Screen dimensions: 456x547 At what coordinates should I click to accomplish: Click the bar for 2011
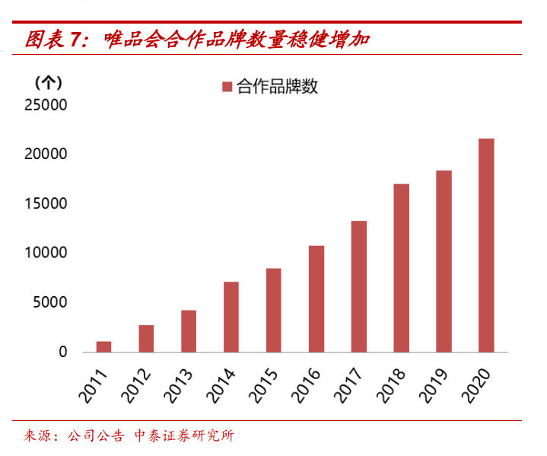tap(103, 347)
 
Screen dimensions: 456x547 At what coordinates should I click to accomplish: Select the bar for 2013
tap(189, 331)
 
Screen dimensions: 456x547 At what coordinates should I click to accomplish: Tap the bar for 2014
tap(231, 317)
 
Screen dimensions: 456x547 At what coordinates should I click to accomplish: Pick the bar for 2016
tap(316, 299)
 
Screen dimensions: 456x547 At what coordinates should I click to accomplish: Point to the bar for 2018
tap(401, 268)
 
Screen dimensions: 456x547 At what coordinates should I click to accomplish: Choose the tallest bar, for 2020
tap(486, 245)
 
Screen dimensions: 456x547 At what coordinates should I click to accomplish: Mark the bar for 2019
tap(444, 261)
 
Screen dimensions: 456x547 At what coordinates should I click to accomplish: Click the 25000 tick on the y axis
tap(46, 105)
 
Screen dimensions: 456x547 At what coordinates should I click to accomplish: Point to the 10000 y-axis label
tap(46, 254)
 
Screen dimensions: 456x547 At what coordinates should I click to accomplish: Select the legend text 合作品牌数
tap(277, 87)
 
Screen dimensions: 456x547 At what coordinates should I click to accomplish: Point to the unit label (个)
tap(49, 81)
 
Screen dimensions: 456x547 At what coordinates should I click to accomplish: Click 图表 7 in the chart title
tap(56, 40)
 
